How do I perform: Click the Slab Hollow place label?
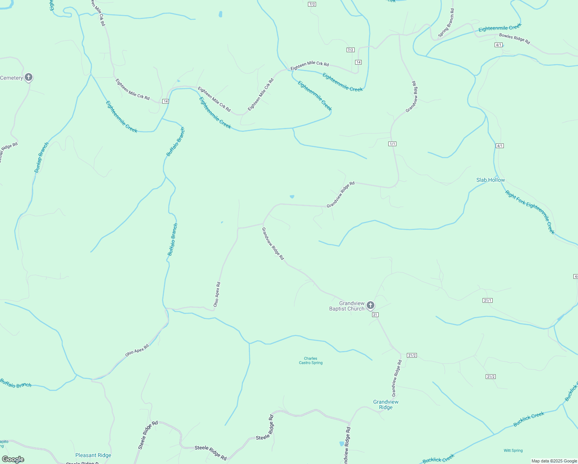(490, 180)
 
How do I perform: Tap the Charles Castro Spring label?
(311, 361)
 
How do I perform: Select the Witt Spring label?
(513, 450)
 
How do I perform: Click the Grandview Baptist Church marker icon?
(370, 305)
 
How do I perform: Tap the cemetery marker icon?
(29, 77)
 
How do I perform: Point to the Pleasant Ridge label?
(93, 455)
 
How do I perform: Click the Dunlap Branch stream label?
(42, 157)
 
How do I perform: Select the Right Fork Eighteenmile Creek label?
(530, 212)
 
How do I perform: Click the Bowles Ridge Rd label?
(514, 39)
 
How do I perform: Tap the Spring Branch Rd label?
(446, 23)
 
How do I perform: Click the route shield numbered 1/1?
(392, 144)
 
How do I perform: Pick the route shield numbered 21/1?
(487, 300)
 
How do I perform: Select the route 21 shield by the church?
(375, 315)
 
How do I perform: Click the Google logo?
(13, 459)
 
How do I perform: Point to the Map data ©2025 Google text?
(554, 461)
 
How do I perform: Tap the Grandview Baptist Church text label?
(347, 306)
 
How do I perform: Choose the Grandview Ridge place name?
(386, 404)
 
